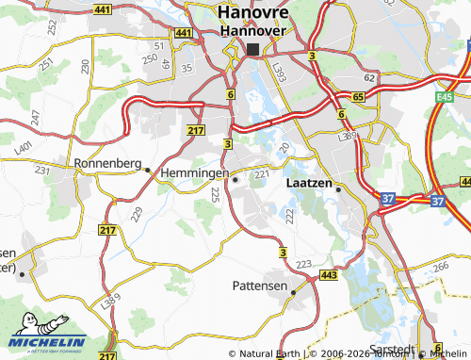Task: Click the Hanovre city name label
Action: coord(252,13)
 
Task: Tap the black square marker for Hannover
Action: coord(252,49)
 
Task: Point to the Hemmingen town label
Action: coord(193,174)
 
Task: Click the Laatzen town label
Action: coord(307,185)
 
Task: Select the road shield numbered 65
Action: coord(358,97)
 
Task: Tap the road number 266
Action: coord(441,268)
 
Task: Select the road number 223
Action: coord(303,265)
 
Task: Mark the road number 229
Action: coord(137,216)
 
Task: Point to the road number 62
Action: coord(370,78)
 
